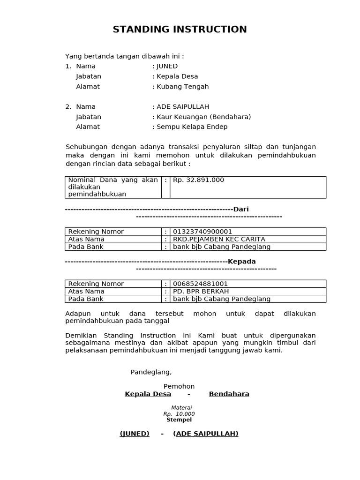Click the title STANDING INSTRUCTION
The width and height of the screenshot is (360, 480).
click(x=180, y=30)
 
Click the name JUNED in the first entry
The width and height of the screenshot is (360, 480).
click(x=167, y=66)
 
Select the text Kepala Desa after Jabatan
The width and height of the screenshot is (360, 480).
click(x=177, y=76)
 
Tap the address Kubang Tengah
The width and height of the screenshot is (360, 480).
click(x=182, y=87)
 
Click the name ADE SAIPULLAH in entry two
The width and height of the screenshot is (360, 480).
click(x=182, y=107)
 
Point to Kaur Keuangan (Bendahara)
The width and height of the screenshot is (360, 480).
click(x=203, y=117)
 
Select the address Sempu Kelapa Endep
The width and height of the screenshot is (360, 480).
click(x=192, y=127)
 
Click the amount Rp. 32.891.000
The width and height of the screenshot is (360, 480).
click(x=199, y=180)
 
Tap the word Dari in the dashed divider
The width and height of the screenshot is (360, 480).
click(x=241, y=210)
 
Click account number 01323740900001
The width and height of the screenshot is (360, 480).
click(x=202, y=232)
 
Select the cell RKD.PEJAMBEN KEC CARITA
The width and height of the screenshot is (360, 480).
click(x=219, y=239)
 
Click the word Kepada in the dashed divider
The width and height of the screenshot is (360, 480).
click(x=242, y=262)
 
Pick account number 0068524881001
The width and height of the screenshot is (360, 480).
click(x=201, y=284)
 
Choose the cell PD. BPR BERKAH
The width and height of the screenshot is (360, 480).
click(x=201, y=291)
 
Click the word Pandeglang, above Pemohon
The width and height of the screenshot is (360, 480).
click(x=151, y=372)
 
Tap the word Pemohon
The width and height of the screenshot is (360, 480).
click(x=179, y=387)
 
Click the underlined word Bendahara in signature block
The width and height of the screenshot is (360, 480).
click(x=229, y=394)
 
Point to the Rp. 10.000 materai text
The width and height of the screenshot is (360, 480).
click(x=179, y=414)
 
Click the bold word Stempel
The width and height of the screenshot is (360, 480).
click(x=179, y=420)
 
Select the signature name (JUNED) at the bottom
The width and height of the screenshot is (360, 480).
click(x=135, y=434)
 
